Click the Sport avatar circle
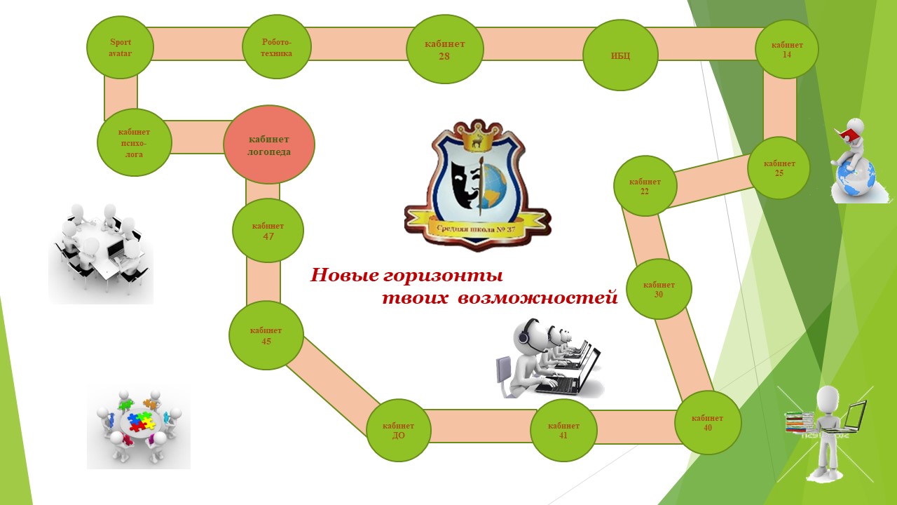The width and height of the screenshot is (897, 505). [120, 47]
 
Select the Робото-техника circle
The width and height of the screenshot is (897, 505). [277, 48]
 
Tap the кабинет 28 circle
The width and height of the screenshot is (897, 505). [444, 49]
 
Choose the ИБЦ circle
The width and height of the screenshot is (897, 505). [620, 55]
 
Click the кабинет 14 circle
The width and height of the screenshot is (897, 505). [787, 49]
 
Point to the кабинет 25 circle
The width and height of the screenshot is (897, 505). [779, 168]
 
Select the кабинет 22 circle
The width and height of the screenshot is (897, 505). [645, 186]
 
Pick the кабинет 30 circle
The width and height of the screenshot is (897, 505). [659, 289]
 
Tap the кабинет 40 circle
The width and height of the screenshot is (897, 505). [708, 422]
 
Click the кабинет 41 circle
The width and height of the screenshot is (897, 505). [563, 430]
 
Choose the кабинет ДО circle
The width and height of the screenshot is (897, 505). [398, 430]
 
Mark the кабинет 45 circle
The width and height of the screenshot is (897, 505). [266, 335]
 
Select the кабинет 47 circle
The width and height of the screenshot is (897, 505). [268, 231]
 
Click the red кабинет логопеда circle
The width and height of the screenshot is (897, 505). [269, 144]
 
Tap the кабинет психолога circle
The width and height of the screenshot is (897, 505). [135, 142]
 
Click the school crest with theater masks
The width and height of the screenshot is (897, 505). [477, 186]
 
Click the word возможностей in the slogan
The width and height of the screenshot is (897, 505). [537, 298]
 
